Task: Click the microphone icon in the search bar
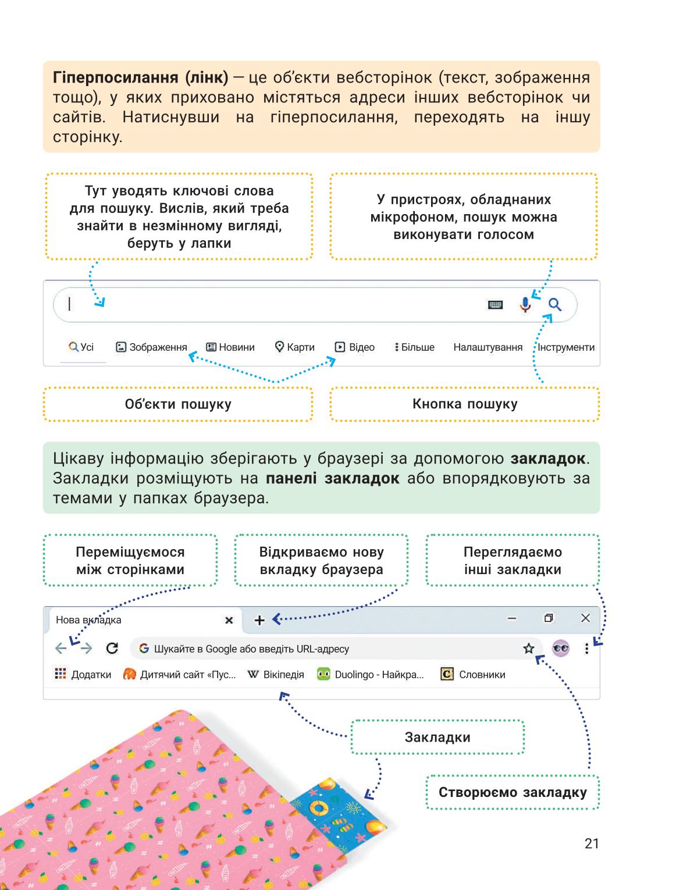(x=525, y=304)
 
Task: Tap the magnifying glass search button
(x=555, y=304)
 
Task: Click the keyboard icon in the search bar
(x=495, y=305)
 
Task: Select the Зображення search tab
(x=151, y=347)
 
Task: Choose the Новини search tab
(x=230, y=347)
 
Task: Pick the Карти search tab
(x=294, y=347)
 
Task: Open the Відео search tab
(x=354, y=347)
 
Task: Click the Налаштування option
(x=488, y=347)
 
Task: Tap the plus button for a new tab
(x=259, y=620)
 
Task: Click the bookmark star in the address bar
(x=528, y=649)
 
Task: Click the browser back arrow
(x=61, y=649)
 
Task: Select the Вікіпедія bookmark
(x=276, y=674)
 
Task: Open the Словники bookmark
(x=473, y=674)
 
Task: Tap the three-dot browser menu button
(x=586, y=649)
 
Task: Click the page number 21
(x=592, y=843)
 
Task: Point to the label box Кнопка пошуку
(x=465, y=404)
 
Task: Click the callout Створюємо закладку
(x=513, y=792)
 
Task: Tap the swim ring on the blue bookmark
(x=319, y=808)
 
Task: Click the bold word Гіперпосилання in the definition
(x=116, y=77)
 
